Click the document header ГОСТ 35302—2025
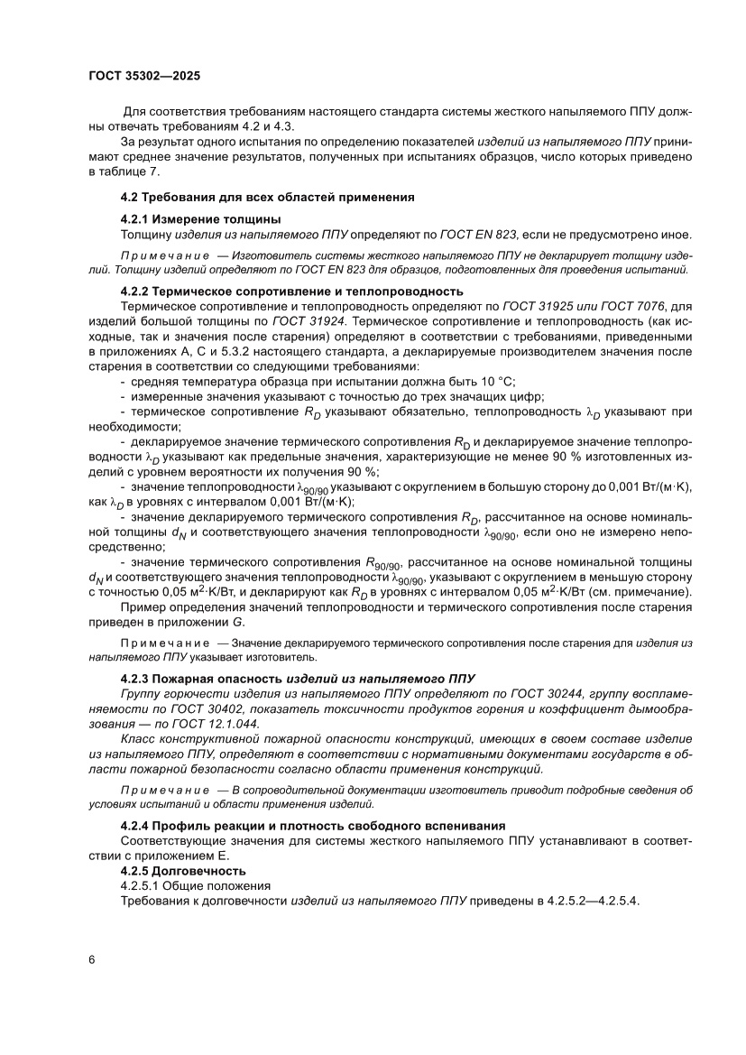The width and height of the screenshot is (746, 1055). [144, 76]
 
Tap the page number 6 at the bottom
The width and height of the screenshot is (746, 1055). [92, 959]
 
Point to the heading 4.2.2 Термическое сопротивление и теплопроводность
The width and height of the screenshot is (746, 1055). [291, 291]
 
